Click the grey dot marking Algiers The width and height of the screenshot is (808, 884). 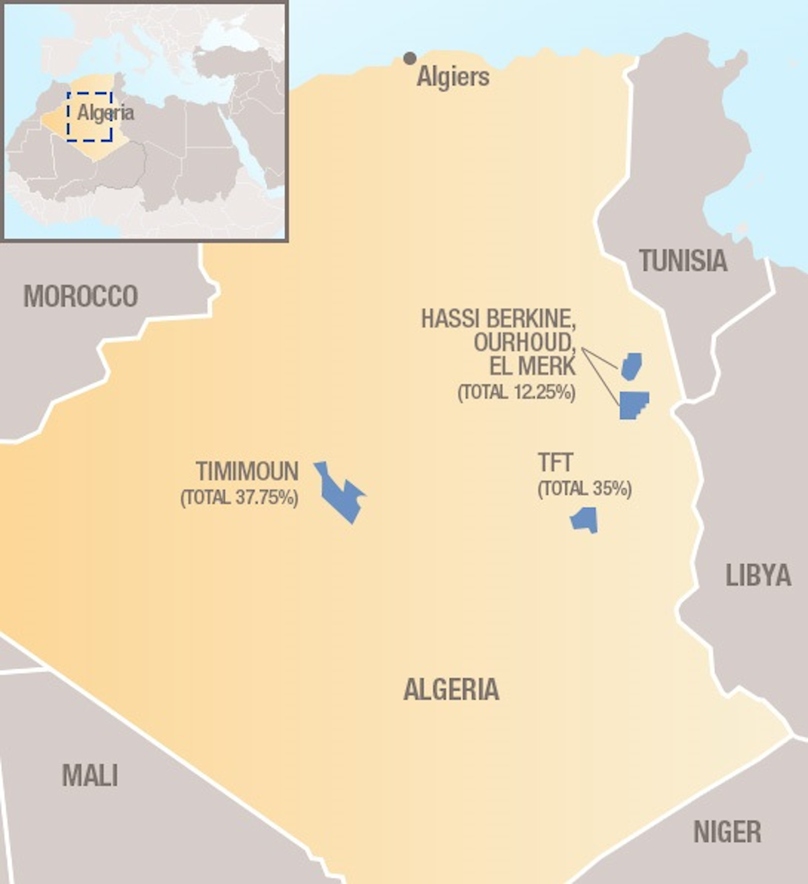click(409, 59)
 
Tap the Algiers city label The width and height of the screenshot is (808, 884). click(452, 77)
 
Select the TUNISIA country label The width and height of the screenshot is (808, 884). click(683, 261)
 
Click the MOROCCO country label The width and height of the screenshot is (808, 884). click(81, 296)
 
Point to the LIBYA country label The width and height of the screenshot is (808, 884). click(757, 575)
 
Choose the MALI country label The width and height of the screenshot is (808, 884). click(90, 776)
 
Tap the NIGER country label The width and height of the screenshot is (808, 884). click(727, 832)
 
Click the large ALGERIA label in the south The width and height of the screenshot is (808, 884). click(451, 689)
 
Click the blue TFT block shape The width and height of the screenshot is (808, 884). click(584, 519)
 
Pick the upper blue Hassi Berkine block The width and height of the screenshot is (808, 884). click(632, 366)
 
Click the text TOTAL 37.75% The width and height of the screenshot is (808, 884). click(240, 498)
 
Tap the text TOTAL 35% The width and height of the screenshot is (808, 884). click(584, 488)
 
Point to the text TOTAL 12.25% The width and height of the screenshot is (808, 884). click(516, 392)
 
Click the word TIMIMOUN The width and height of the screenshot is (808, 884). click(247, 471)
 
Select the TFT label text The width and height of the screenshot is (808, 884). click(555, 463)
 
